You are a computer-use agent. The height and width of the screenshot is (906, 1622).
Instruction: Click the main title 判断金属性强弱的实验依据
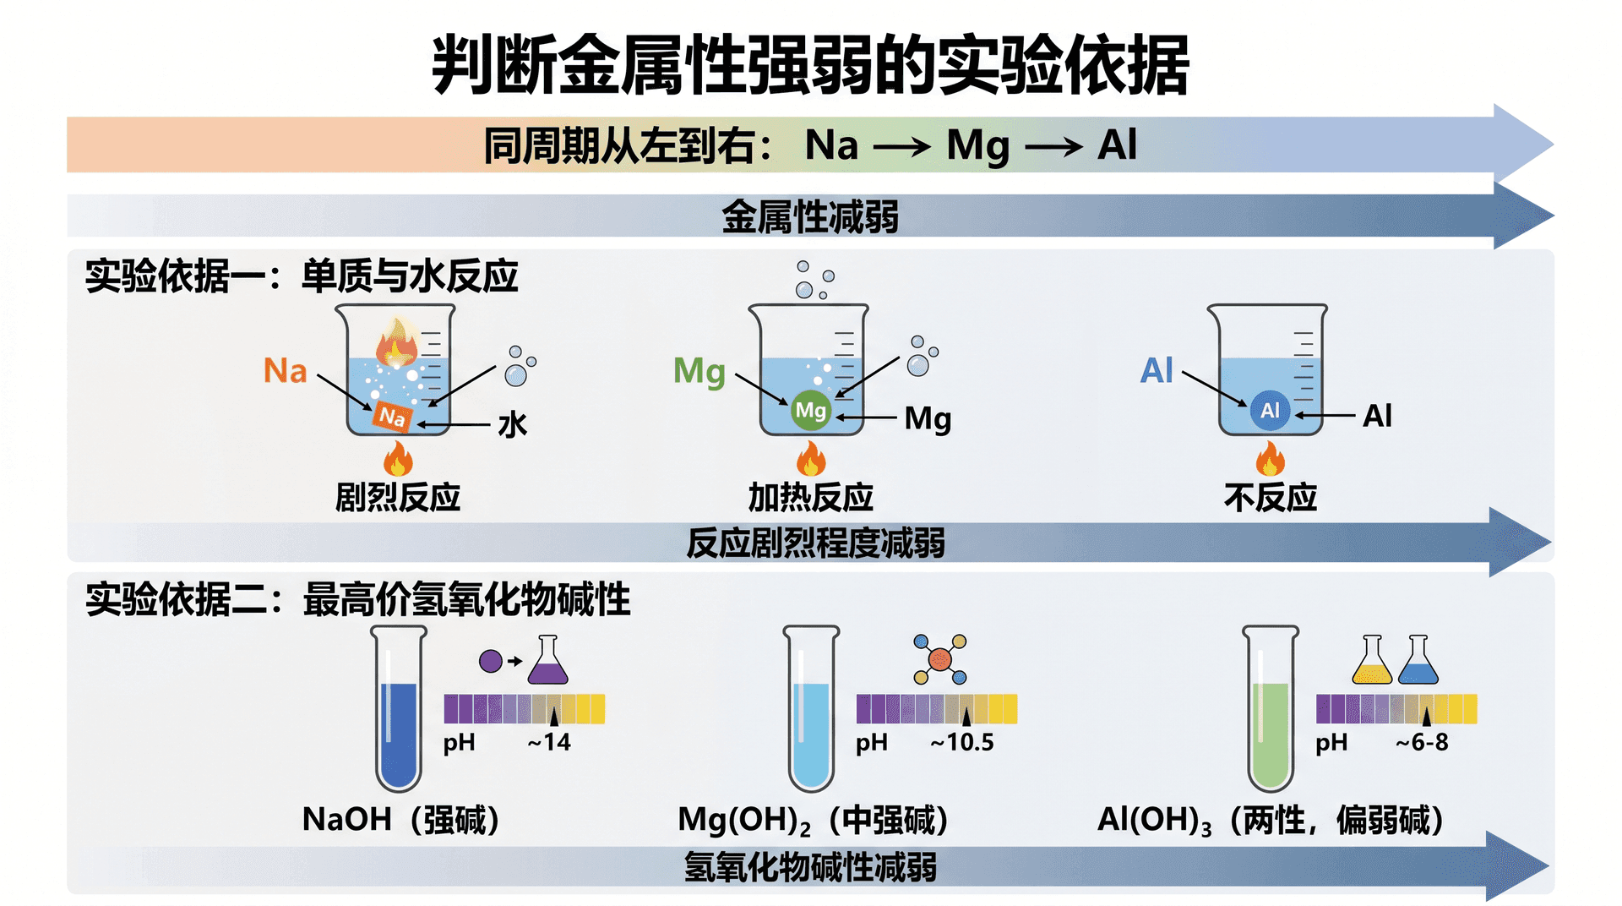click(810, 65)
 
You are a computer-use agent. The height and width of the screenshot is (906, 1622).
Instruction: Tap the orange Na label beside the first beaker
click(285, 371)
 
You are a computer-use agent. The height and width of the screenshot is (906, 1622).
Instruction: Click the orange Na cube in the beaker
click(393, 416)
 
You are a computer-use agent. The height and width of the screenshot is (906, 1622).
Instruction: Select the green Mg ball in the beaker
click(810, 411)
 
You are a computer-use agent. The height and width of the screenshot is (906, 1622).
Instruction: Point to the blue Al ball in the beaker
click(1270, 411)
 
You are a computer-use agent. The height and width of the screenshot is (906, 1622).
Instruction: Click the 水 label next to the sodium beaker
click(512, 424)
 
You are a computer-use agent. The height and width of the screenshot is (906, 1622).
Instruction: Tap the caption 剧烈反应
click(398, 498)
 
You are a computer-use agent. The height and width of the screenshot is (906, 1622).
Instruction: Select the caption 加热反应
click(810, 498)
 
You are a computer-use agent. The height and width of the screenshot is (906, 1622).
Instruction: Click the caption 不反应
click(1270, 498)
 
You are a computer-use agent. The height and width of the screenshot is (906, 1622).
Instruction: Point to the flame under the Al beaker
click(1270, 460)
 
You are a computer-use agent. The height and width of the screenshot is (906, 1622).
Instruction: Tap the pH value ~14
click(549, 743)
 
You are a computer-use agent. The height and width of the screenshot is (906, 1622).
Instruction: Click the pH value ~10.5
click(962, 743)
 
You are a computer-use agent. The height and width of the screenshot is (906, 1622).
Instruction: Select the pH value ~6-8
click(1422, 743)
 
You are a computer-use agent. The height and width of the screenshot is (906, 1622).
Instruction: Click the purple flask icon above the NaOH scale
click(548, 660)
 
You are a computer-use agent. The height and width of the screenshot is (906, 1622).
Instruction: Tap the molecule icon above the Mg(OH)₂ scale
click(940, 659)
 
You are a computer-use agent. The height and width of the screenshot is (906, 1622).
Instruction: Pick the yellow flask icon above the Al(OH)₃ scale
click(1372, 660)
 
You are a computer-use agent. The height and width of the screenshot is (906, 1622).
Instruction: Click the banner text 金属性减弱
click(810, 217)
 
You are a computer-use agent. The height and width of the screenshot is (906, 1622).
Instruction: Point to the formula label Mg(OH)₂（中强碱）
click(813, 820)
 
